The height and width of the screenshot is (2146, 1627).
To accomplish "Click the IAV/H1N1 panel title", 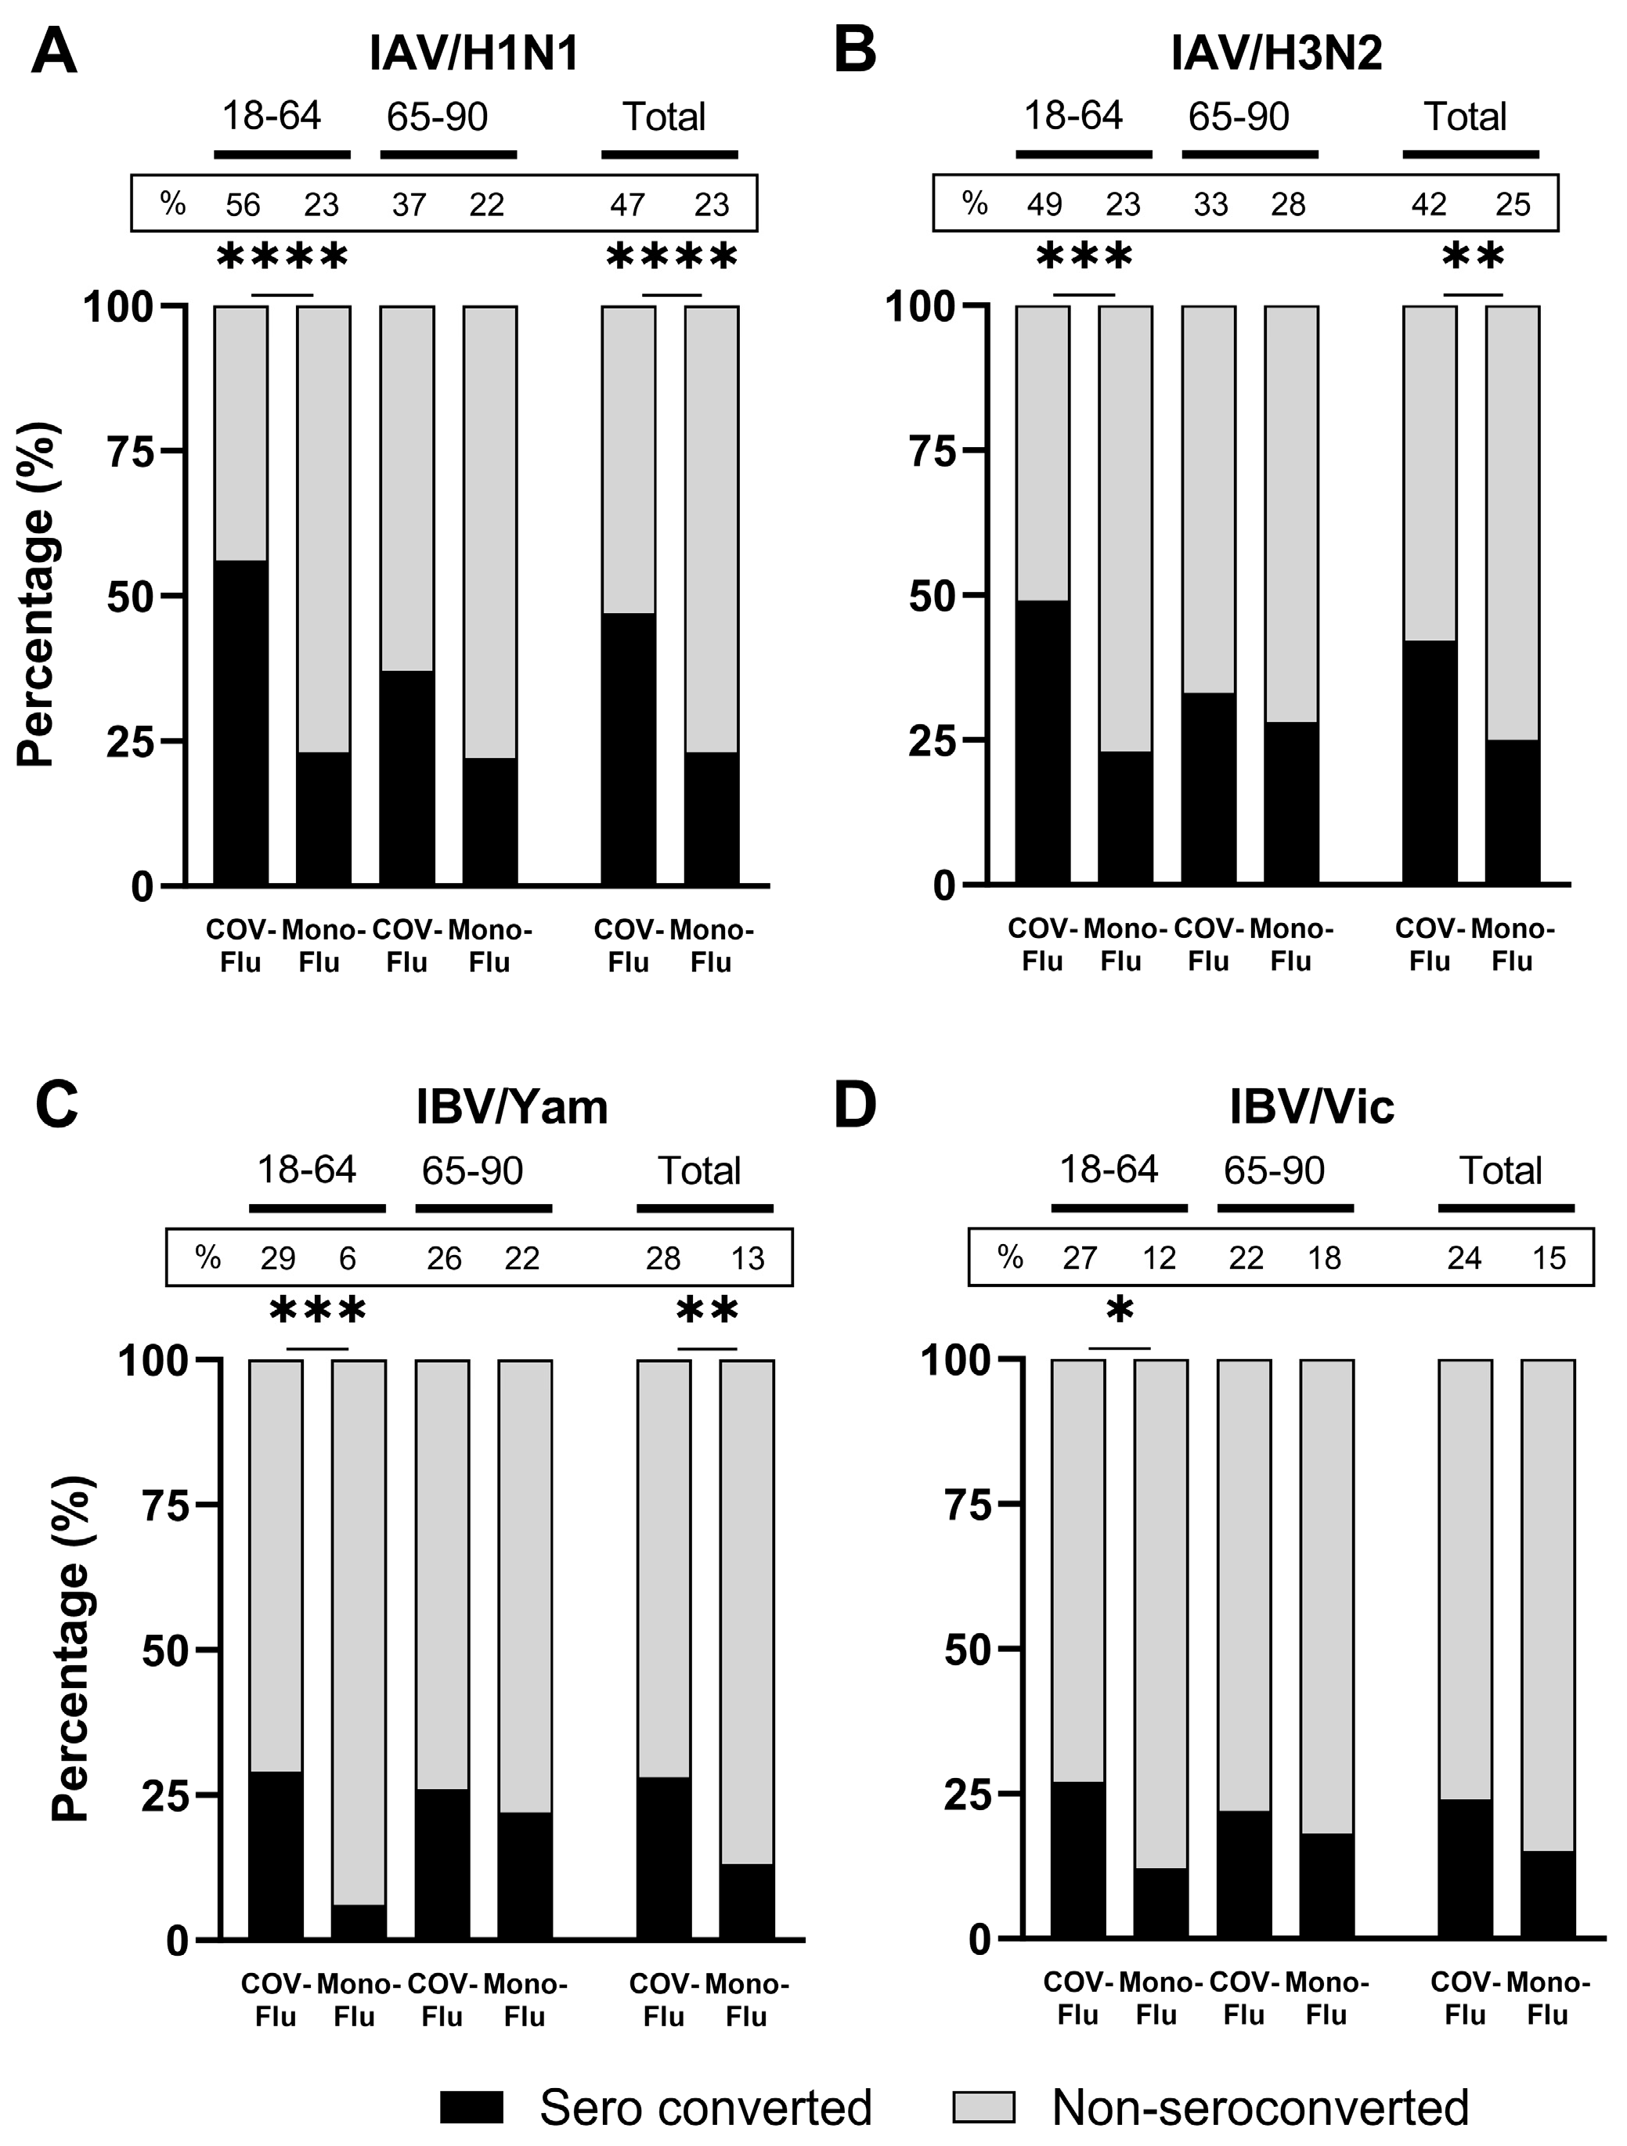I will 474,53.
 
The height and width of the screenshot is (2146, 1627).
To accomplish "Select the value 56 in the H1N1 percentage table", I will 244,204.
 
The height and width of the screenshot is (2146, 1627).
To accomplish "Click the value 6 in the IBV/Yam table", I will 348,1259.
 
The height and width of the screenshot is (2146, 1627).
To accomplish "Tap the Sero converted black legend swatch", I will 471,2107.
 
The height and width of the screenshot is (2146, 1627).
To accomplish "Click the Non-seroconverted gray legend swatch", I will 983,2107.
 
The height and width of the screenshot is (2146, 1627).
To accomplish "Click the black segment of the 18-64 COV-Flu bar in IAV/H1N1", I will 240,723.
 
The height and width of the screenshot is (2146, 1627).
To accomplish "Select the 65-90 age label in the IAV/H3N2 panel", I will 1239,117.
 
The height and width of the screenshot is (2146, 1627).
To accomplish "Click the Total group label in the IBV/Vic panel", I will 1500,1171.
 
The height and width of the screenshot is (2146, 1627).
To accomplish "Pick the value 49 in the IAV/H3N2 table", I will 1045,204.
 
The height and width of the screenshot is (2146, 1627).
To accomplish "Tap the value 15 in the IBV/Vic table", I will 1549,1258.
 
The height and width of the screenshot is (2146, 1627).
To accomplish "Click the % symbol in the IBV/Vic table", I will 1010,1257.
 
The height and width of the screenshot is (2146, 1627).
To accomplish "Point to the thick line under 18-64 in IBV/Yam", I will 317,1209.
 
